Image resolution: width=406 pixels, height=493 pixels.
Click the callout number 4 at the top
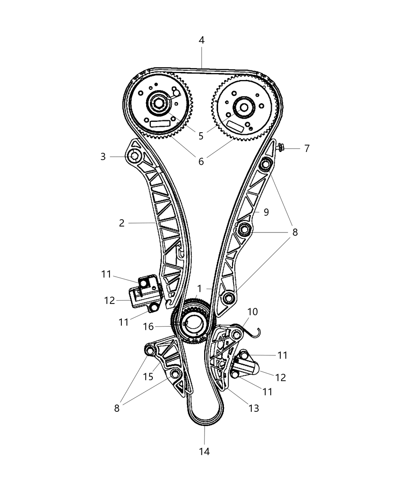[201, 40]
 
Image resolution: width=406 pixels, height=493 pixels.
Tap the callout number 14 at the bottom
[204, 451]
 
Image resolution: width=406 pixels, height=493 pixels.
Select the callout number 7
[307, 148]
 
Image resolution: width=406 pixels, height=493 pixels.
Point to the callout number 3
[103, 157]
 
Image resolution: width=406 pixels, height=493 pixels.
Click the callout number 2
[122, 223]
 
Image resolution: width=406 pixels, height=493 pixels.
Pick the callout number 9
[266, 212]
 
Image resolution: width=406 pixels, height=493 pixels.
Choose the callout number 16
[148, 327]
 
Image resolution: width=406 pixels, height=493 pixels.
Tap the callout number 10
[252, 312]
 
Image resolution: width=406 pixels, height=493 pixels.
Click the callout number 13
[254, 408]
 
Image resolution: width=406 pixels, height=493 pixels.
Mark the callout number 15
[148, 376]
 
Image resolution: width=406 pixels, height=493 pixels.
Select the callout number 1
[200, 288]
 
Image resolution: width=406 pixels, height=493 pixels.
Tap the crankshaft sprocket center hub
[193, 324]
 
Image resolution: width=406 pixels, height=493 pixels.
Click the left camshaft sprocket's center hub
[159, 104]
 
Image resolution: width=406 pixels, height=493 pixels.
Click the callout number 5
[201, 136]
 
